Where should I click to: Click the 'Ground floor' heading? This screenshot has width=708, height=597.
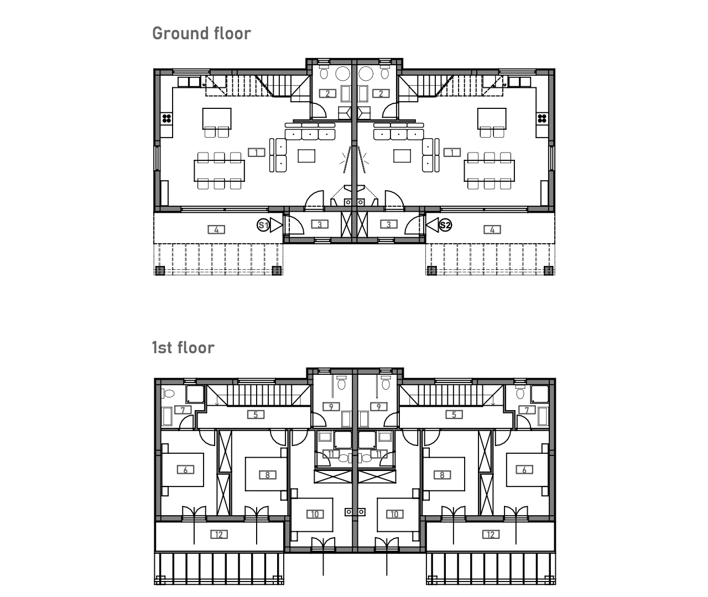click(201, 34)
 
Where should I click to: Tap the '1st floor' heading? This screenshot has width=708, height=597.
click(183, 348)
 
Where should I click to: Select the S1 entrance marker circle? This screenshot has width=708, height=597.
click(263, 225)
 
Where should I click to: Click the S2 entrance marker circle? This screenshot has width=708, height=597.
click(445, 225)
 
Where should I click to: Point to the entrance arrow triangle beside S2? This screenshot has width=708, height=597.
click(433, 225)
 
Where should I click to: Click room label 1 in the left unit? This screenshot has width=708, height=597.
click(256, 153)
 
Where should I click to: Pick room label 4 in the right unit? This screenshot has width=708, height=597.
click(492, 230)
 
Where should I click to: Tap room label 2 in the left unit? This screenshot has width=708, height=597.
click(327, 93)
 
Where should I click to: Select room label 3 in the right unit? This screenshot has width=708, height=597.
click(389, 224)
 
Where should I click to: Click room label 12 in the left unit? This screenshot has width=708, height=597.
click(219, 535)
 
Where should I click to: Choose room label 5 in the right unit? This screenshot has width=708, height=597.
click(454, 415)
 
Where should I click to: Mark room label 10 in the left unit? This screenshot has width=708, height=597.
click(315, 514)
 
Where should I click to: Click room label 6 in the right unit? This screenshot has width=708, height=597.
click(524, 470)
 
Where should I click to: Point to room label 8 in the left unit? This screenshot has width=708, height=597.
click(268, 475)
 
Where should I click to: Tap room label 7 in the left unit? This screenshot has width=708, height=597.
click(183, 410)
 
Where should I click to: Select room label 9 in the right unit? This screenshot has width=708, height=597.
click(379, 407)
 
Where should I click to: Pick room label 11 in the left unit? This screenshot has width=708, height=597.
click(331, 454)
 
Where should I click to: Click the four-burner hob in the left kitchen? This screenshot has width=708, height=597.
click(167, 119)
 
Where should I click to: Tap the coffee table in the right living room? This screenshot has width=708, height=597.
click(402, 156)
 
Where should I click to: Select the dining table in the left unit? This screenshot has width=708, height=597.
click(220, 171)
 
